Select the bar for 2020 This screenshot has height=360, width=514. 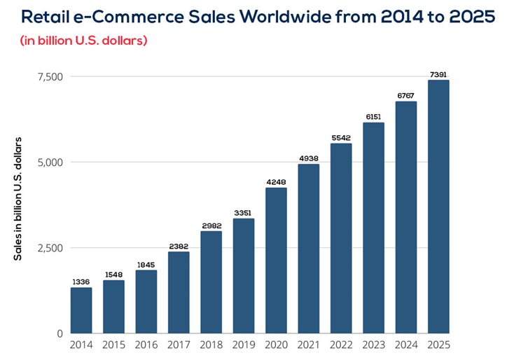276,261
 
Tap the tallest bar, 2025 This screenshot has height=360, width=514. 438,207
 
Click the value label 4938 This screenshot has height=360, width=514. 308,158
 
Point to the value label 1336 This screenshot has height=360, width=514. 81,282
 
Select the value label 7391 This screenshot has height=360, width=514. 438,74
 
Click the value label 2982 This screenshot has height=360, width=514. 211,226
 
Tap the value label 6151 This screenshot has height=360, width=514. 373,116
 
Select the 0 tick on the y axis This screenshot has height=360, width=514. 60,333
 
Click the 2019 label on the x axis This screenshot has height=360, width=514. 244,345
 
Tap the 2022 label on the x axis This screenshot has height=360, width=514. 341,345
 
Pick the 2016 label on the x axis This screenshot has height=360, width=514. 146,345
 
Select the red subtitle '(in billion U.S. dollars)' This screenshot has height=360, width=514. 83,41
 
